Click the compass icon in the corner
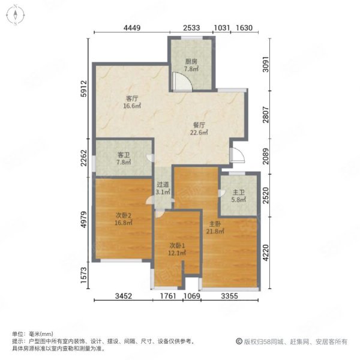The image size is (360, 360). pos(15,15)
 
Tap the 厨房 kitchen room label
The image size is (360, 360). pos(191,62)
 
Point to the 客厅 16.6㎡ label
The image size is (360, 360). pos(132,102)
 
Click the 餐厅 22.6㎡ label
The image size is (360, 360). pos(199,129)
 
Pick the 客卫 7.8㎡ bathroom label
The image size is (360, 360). pos(124,158)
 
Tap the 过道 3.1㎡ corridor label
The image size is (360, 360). pos(163,188)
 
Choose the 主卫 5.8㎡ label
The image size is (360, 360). pos(239,196)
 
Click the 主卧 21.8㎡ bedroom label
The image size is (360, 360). pos(215,227)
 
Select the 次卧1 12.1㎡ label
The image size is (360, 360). pos(177,250)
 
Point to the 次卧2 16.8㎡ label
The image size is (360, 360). pos(124,219)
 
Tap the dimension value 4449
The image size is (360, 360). pos(132,28)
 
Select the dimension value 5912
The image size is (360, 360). pos(84,88)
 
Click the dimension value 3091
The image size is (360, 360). pos(266,64)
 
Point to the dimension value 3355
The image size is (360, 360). pos(230,296)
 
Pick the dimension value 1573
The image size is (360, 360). pos(84,275)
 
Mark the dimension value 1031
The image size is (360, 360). pos(222,28)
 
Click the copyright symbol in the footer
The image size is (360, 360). pos(239,341)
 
